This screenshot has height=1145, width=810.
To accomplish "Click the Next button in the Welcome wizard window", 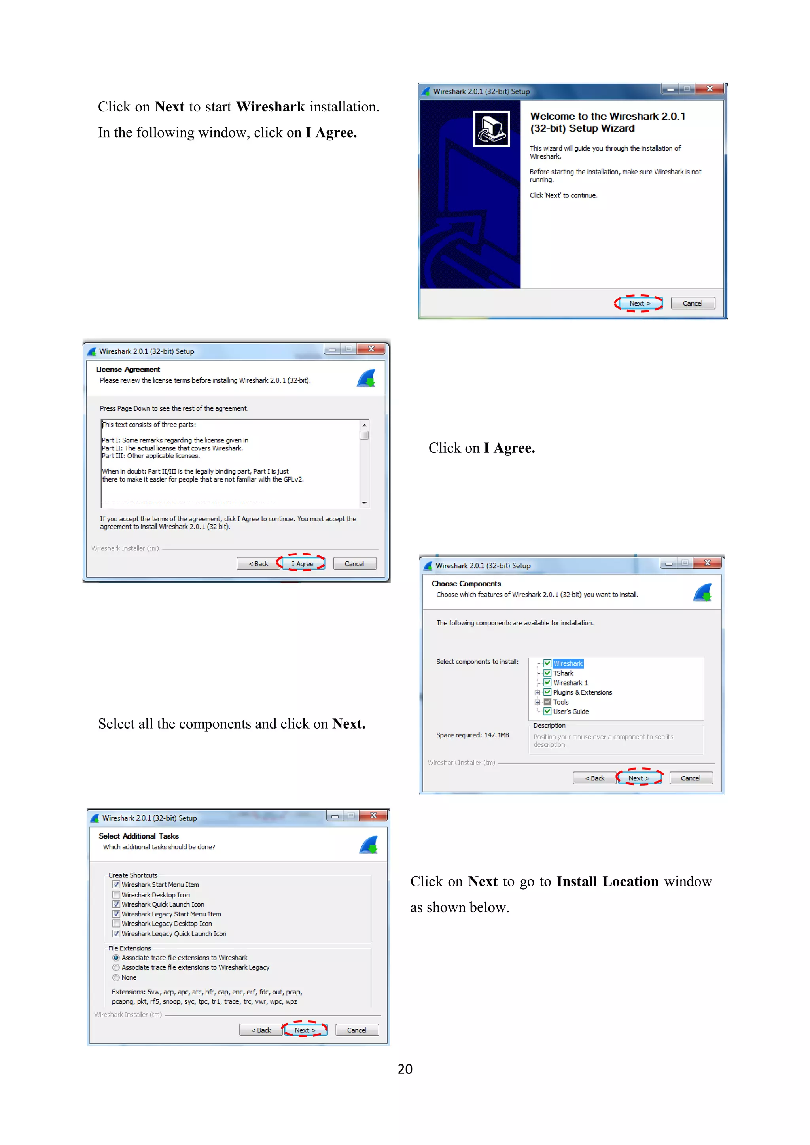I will pos(639,303).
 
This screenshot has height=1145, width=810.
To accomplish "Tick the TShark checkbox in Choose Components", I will pos(547,673).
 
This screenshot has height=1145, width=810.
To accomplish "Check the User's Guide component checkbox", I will pos(547,712).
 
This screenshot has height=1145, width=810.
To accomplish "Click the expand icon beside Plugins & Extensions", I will pos(537,693).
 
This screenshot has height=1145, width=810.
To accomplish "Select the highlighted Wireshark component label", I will pos(568,664).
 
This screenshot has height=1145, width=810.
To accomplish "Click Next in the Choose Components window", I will pos(638,778).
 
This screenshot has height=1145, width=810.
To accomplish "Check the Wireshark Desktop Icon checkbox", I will pos(116,895).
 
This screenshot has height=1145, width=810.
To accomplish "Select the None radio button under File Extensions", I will pos(116,977).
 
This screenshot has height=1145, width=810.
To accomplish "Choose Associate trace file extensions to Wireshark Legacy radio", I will pos(116,967).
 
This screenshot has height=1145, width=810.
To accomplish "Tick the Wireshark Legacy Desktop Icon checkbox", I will pos(116,924).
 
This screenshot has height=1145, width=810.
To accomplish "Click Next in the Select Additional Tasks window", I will pos(305,1030).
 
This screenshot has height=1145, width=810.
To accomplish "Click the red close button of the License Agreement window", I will pos(371,349).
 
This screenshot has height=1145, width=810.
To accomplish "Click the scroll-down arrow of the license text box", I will pos(364,503).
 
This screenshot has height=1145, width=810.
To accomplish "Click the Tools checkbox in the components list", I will pos(547,702).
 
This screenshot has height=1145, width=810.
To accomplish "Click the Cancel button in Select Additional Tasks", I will pos(357,1030).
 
